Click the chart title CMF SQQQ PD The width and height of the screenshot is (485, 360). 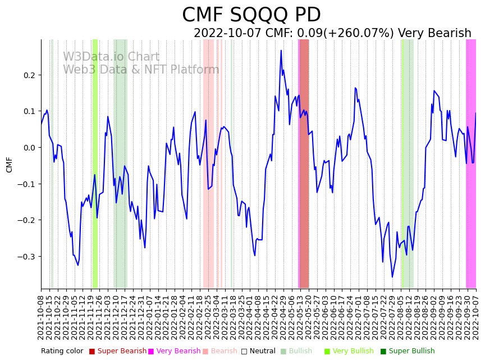click(x=251, y=15)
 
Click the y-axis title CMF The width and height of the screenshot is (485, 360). click(x=9, y=164)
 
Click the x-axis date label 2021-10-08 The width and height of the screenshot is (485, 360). click(x=41, y=317)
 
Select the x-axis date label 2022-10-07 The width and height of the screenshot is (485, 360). click(x=476, y=317)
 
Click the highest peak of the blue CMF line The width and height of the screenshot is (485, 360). click(x=281, y=51)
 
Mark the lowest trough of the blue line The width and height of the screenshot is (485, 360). click(x=392, y=277)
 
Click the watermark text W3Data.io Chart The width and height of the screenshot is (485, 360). click(x=111, y=57)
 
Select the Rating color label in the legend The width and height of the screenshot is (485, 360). click(x=62, y=351)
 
